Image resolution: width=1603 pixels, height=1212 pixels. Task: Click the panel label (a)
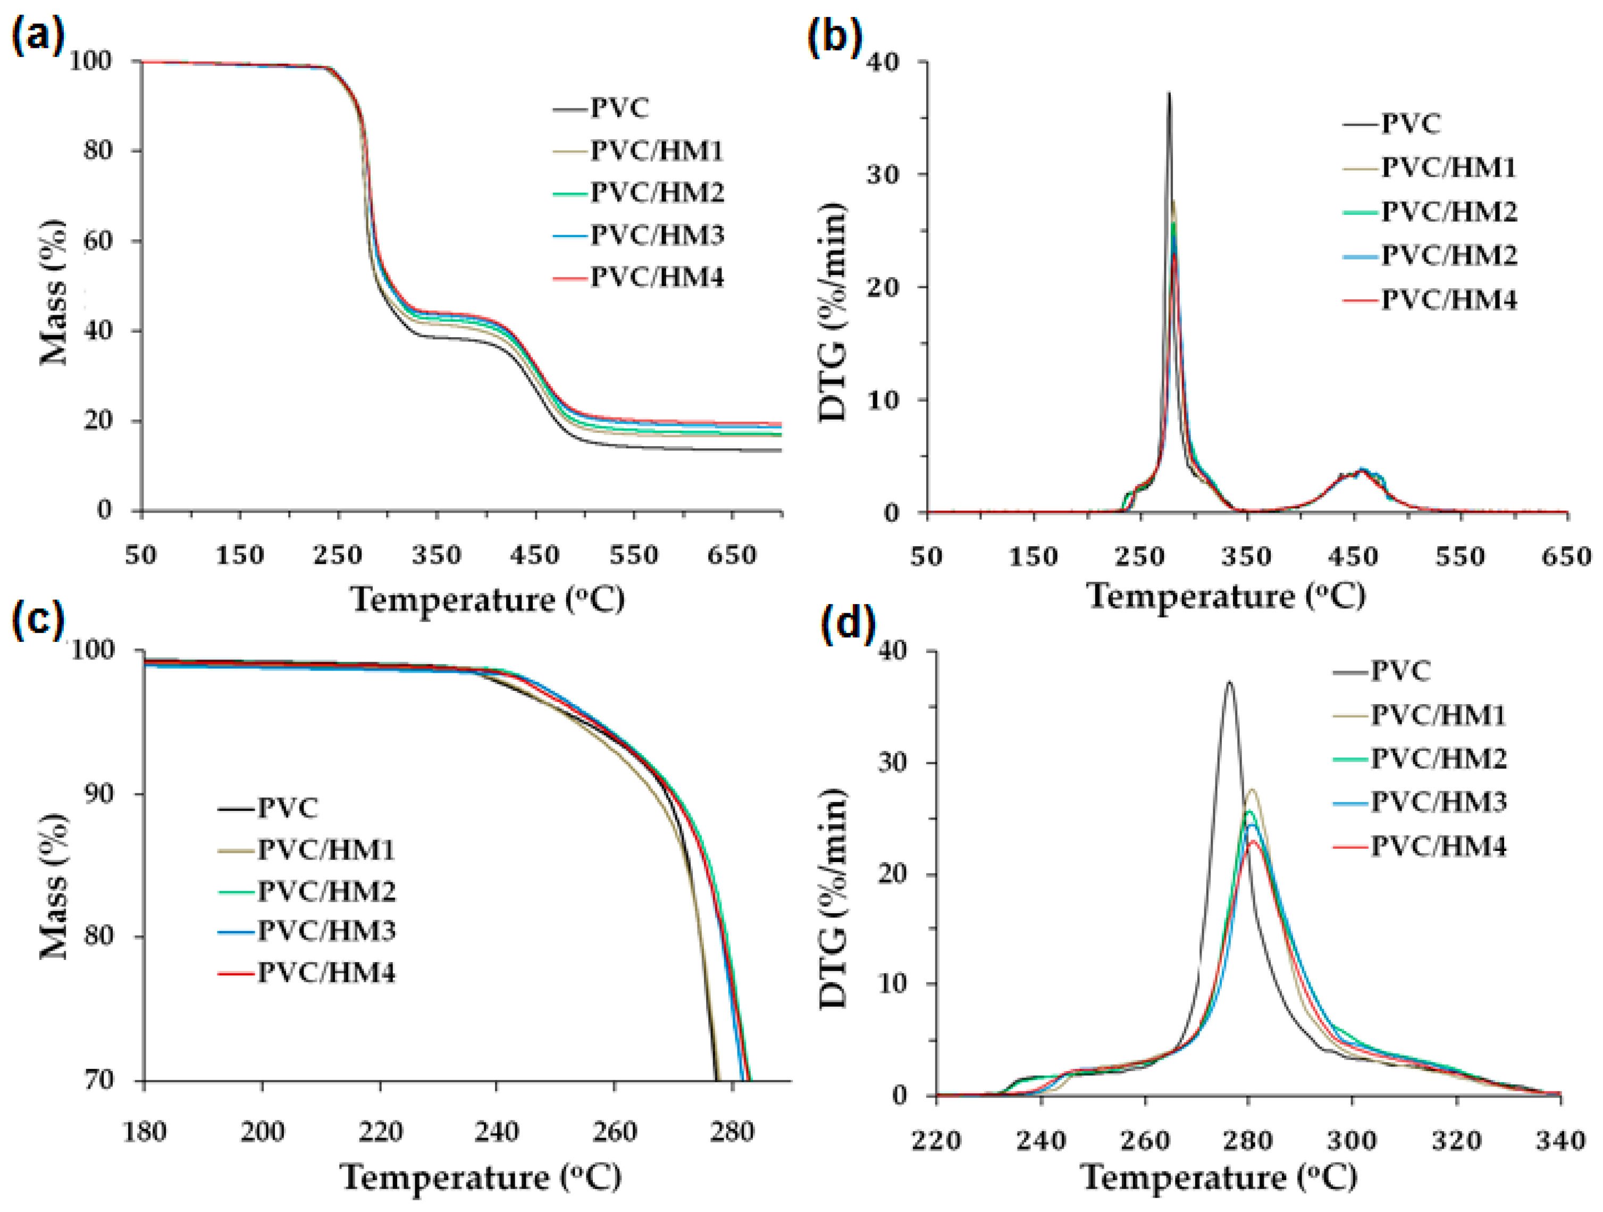click(x=38, y=35)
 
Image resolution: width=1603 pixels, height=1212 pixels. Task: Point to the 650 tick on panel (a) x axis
click(x=732, y=556)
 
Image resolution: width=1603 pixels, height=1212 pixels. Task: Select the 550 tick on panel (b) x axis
click(x=1461, y=557)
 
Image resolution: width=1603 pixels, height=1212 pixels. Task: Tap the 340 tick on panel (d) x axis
click(x=1559, y=1141)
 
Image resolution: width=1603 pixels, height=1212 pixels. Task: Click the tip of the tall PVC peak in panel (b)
click(x=1169, y=93)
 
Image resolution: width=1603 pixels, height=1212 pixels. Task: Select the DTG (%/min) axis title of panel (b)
click(x=833, y=312)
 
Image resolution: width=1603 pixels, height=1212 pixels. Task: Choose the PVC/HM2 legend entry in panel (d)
click(x=1438, y=758)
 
